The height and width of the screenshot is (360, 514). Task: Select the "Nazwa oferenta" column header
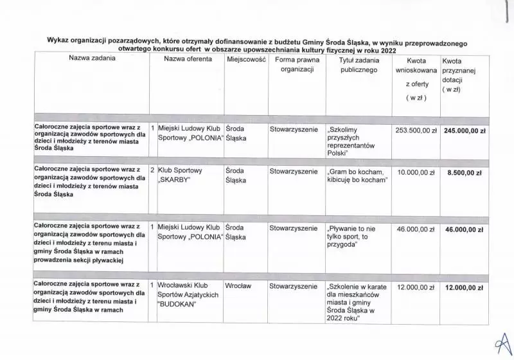coord(188,59)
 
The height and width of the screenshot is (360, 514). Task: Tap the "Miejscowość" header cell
coord(244,59)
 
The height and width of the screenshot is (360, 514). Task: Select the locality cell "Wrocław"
coord(238,285)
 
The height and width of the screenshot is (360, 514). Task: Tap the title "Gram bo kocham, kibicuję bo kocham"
coord(357,176)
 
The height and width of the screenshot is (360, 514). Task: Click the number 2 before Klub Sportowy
coord(152,171)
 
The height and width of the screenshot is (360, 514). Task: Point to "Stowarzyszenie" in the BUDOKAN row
coord(294,285)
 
